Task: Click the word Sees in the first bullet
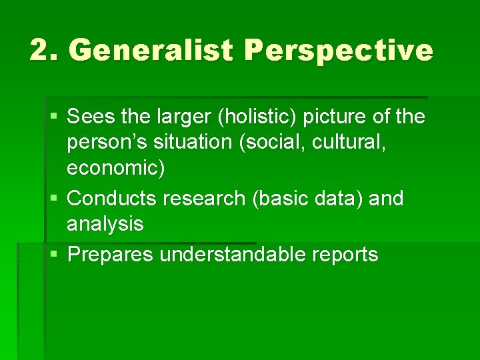(89, 117)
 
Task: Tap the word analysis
(105, 224)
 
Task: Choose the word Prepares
(111, 254)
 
